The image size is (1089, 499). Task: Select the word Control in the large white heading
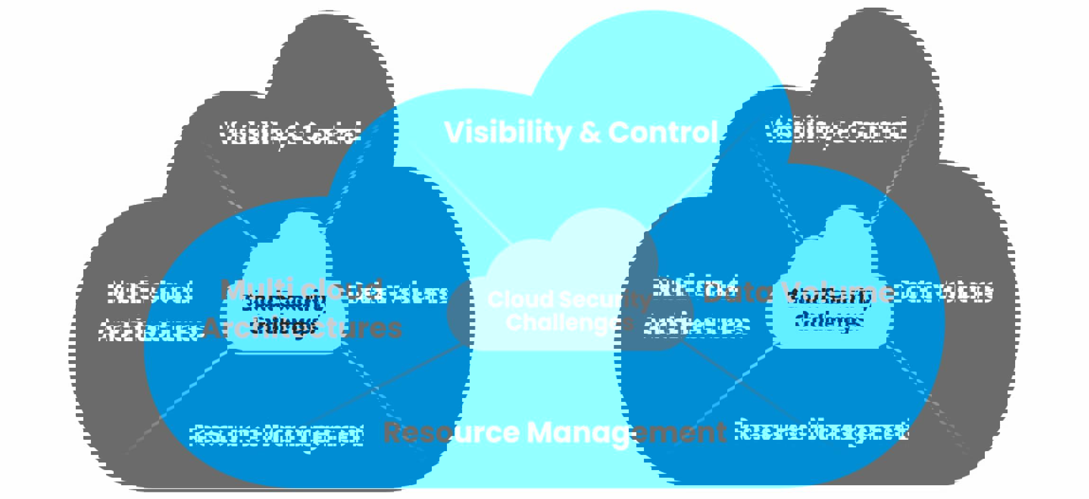(663, 132)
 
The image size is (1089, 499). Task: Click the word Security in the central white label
(606, 299)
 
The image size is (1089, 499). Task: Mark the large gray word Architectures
(303, 328)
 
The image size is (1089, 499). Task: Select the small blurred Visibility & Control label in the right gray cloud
(836, 131)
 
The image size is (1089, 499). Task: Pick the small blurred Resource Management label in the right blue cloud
(821, 430)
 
